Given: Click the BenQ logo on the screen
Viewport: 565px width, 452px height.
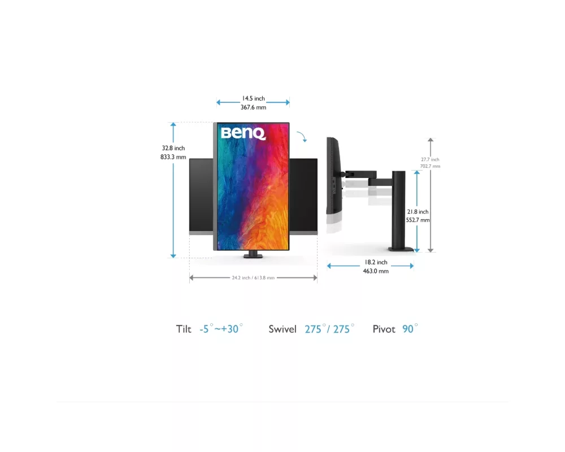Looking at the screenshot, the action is pos(243,133).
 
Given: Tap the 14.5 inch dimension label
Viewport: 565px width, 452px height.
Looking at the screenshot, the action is pos(253,98).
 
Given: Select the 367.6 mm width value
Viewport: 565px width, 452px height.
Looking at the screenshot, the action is pos(253,107).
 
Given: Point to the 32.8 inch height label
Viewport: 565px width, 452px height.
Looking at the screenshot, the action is pos(173,148).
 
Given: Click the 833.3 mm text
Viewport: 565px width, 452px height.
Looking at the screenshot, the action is pos(173,157).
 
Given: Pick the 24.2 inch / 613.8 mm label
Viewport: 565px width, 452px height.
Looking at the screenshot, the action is pos(253,278).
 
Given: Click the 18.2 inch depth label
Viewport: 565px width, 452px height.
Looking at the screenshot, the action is pos(376,262).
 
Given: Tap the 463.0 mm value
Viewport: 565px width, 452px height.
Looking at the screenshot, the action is pos(376,271).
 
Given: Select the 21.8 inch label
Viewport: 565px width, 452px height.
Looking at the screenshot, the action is pos(418,212).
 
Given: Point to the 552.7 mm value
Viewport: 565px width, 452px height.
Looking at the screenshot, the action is pos(418,220).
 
